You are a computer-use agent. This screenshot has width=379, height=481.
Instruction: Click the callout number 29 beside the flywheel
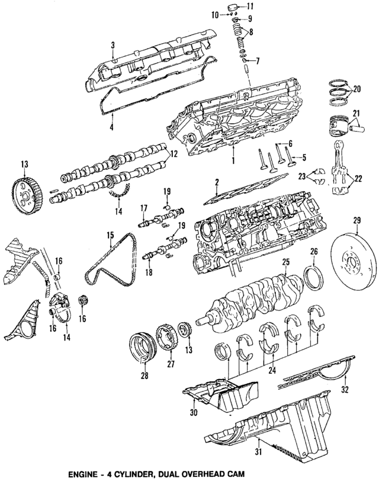point(356,222)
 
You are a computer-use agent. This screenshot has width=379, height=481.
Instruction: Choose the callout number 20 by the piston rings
point(356,89)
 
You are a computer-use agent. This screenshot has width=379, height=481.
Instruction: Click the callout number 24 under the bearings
point(271,371)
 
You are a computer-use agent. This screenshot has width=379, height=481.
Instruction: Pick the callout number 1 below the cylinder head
point(233,161)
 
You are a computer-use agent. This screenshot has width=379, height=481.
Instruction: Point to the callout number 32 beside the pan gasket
point(346,391)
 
